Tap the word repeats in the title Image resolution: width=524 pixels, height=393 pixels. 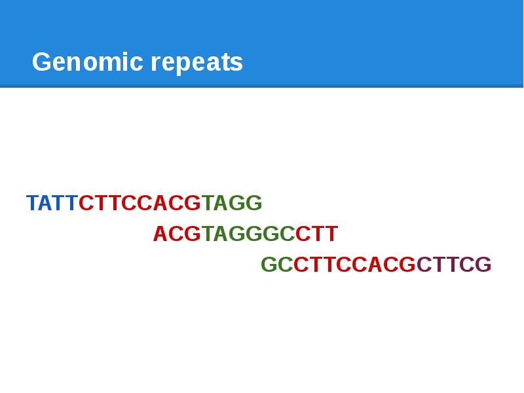coord(196,63)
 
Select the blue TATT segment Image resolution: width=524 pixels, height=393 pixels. coord(52,203)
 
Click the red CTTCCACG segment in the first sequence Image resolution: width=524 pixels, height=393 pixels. coord(140,203)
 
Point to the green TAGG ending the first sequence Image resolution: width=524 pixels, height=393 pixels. coord(232,203)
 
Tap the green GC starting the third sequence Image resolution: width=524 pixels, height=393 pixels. coord(276,265)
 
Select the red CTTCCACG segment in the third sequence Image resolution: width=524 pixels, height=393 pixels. coord(354,265)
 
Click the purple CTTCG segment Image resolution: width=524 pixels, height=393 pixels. coord(454,265)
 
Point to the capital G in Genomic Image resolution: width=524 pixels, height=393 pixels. coord(41,63)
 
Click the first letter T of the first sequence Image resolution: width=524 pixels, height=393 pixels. coord(32,203)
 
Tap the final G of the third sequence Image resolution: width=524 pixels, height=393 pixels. coord(483,265)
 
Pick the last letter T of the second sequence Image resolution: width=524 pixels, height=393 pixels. coord(331,234)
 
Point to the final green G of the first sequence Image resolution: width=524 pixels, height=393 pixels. coord(254,203)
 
